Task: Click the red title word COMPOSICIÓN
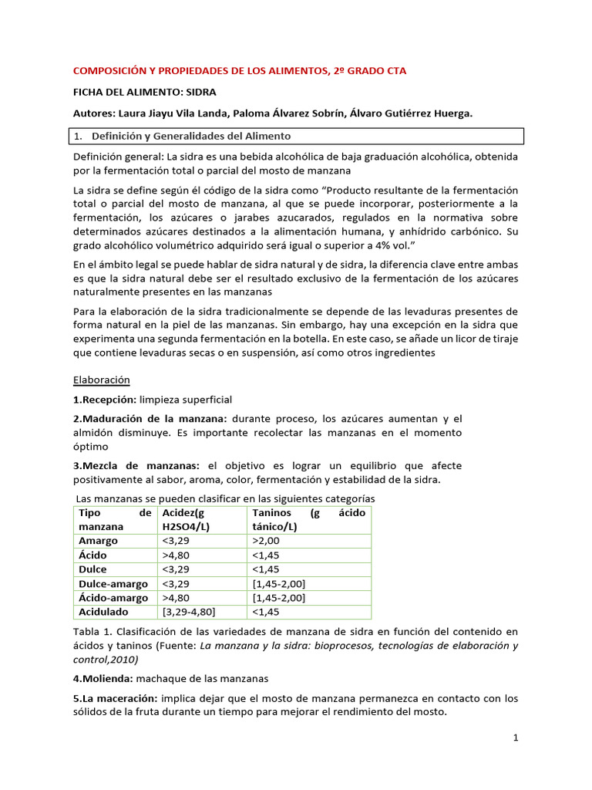point(109,70)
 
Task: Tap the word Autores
point(92,113)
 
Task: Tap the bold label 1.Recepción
point(104,400)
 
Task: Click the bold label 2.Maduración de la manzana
point(150,418)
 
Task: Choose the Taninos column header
point(273,513)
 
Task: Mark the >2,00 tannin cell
point(267,541)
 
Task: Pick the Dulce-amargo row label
point(113,583)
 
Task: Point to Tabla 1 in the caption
point(92,631)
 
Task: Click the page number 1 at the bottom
point(516,738)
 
